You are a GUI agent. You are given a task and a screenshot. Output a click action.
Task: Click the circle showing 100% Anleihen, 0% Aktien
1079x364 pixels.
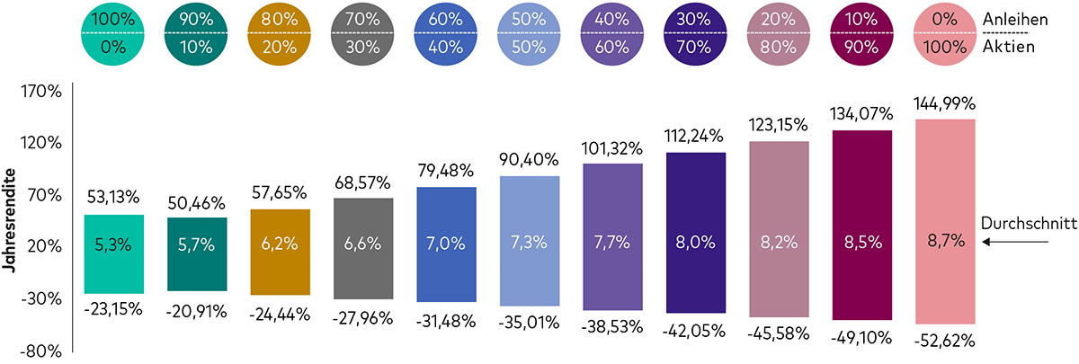[x=113, y=33]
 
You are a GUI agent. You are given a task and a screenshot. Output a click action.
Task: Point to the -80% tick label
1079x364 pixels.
[x=40, y=351]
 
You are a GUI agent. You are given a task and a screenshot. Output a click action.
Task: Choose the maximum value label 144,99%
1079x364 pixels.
[x=944, y=103]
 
